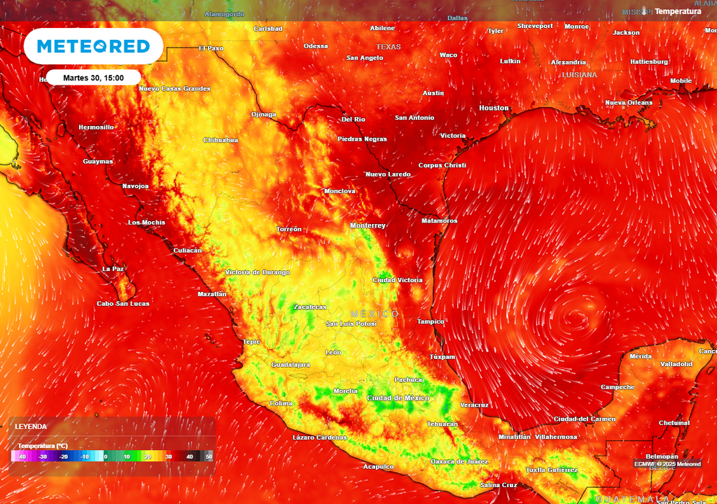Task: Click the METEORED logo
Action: [x=93, y=46]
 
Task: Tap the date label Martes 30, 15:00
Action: [x=94, y=77]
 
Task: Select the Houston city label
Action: [x=494, y=108]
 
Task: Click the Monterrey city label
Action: [x=368, y=225]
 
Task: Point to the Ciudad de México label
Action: [x=398, y=398]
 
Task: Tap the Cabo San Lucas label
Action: [x=123, y=303]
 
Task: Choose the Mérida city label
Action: [x=640, y=356]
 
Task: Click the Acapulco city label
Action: [x=379, y=466]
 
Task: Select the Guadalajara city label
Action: [x=291, y=365]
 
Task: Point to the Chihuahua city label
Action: [x=221, y=140]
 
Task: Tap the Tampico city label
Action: [x=430, y=321]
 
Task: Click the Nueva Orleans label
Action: [x=629, y=103]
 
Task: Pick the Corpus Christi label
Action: [x=442, y=165]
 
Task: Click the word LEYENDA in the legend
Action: [x=31, y=426]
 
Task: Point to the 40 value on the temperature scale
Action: [x=189, y=456]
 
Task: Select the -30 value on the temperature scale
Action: [x=43, y=456]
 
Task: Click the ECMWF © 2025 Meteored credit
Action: [x=667, y=464]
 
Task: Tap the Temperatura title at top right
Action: [x=678, y=11]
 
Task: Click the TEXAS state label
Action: [x=389, y=47]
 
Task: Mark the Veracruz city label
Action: [x=474, y=405]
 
